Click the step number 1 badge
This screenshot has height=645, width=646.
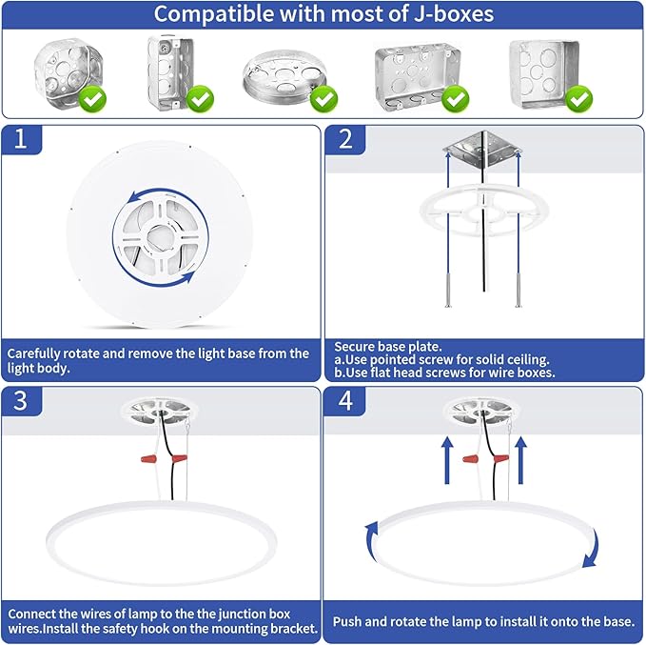[x=21, y=139]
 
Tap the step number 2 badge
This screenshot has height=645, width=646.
[x=345, y=139]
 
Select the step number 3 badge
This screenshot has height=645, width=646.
[x=21, y=401]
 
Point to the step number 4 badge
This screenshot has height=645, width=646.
[x=344, y=401]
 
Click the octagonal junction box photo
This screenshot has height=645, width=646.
[x=68, y=73]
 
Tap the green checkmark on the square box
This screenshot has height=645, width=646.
[x=579, y=99]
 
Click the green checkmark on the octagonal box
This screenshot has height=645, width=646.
[x=92, y=99]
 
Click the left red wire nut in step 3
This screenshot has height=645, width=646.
[x=149, y=458]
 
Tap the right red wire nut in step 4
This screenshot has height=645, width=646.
[x=501, y=458]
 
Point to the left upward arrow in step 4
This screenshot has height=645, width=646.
[x=447, y=460]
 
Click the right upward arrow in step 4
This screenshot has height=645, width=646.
[x=520, y=460]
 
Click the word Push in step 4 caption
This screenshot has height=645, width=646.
[x=347, y=621]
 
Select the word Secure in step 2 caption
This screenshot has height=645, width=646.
[x=354, y=346]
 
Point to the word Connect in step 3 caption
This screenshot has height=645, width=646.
[x=32, y=614]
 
